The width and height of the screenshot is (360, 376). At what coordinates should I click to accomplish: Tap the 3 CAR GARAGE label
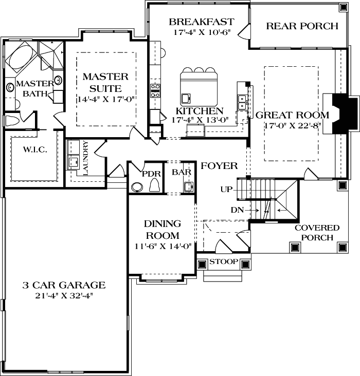64,285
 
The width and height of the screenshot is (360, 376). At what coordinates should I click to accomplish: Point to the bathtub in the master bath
21,61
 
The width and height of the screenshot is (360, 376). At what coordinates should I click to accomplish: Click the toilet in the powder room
154,185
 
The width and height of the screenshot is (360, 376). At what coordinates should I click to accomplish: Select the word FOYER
219,166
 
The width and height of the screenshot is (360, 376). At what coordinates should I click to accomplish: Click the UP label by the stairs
226,190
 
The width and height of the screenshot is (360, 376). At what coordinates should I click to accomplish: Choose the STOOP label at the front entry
224,262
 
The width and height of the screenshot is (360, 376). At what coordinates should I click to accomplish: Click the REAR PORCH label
302,26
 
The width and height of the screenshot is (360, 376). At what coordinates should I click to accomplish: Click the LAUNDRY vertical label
85,158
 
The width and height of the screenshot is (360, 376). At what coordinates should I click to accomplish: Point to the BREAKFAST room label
201,22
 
